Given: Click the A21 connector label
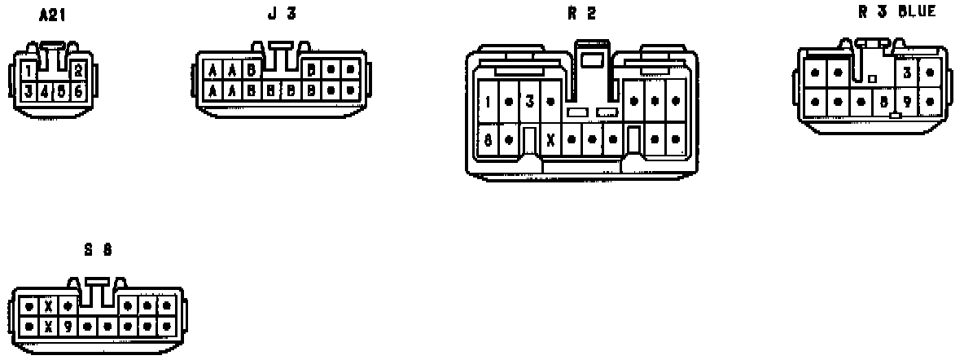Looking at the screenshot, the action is [52, 15].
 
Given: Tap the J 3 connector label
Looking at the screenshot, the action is [282, 14].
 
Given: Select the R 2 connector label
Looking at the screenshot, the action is [581, 13].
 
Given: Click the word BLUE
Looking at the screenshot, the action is [918, 11].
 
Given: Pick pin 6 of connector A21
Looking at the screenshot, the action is [79, 90].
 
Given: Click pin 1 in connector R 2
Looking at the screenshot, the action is [488, 102].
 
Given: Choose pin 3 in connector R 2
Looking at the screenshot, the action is [529, 102].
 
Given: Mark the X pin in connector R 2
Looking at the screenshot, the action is [550, 139].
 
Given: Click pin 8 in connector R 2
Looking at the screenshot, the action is [488, 139].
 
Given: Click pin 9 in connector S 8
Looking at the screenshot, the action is [68, 327].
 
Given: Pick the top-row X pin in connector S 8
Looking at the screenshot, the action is [49, 307].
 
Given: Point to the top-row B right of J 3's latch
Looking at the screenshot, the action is [311, 70].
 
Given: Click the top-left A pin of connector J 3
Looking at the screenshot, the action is [213, 70].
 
